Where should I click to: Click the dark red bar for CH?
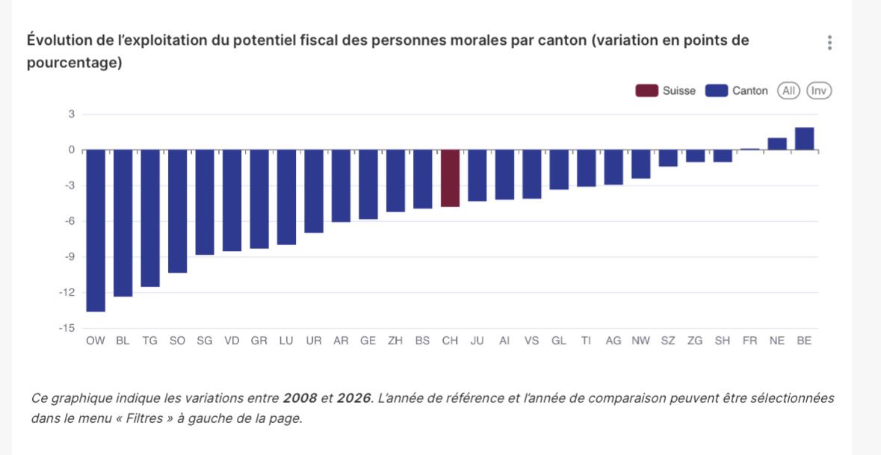click(x=450, y=178)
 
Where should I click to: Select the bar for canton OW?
click(x=96, y=230)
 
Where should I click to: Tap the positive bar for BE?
click(x=804, y=139)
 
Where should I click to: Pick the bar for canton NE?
click(x=777, y=144)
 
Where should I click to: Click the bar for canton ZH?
click(x=395, y=181)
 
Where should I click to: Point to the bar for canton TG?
click(x=150, y=218)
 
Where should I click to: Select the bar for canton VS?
click(x=531, y=174)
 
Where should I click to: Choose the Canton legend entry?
click(x=738, y=91)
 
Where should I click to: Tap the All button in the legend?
click(x=788, y=91)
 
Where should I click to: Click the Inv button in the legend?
click(x=820, y=91)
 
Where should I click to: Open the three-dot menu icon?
click(x=829, y=43)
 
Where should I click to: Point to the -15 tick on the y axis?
click(x=67, y=328)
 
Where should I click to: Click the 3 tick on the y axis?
click(x=72, y=114)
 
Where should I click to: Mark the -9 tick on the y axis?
click(x=69, y=257)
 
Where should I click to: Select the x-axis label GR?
click(x=259, y=341)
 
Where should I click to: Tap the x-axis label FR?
click(x=749, y=341)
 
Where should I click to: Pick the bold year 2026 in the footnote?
click(x=353, y=398)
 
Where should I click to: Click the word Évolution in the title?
click(x=58, y=40)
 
